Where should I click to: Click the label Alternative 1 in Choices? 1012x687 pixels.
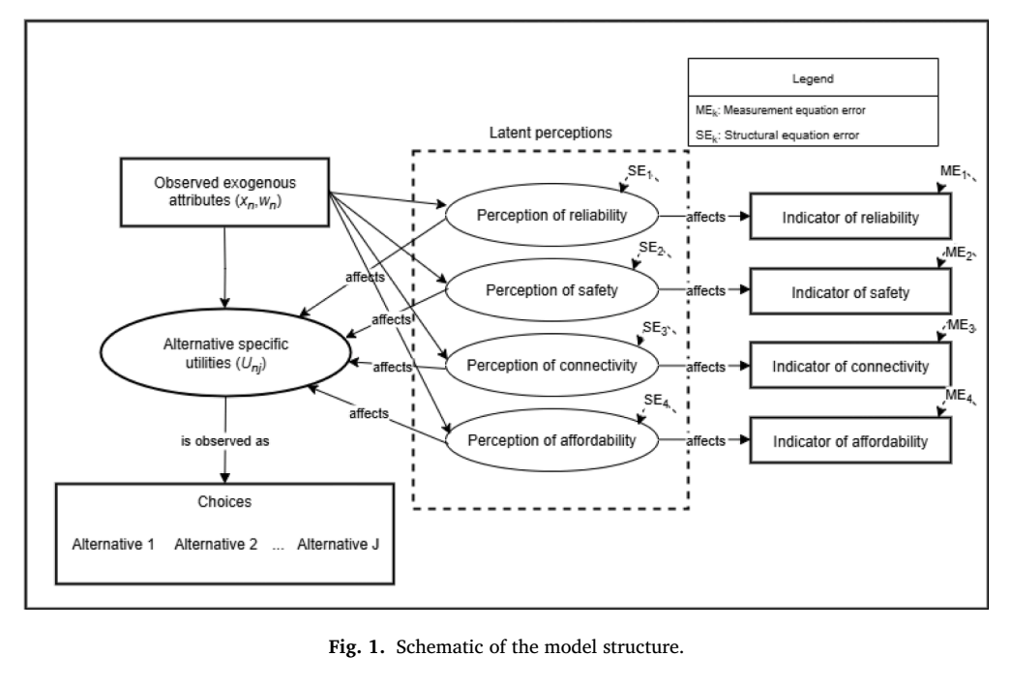click(x=113, y=545)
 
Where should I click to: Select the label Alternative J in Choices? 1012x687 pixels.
click(x=339, y=545)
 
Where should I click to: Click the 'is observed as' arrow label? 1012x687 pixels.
click(x=224, y=441)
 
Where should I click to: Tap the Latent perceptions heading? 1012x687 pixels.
click(x=551, y=133)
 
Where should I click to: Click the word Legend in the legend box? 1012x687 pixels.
click(x=814, y=78)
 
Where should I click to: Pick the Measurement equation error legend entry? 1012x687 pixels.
click(x=781, y=110)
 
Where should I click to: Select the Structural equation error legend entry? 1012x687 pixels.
click(x=777, y=135)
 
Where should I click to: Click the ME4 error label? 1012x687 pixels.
click(x=959, y=395)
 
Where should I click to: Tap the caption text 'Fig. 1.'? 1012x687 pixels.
click(x=356, y=646)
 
